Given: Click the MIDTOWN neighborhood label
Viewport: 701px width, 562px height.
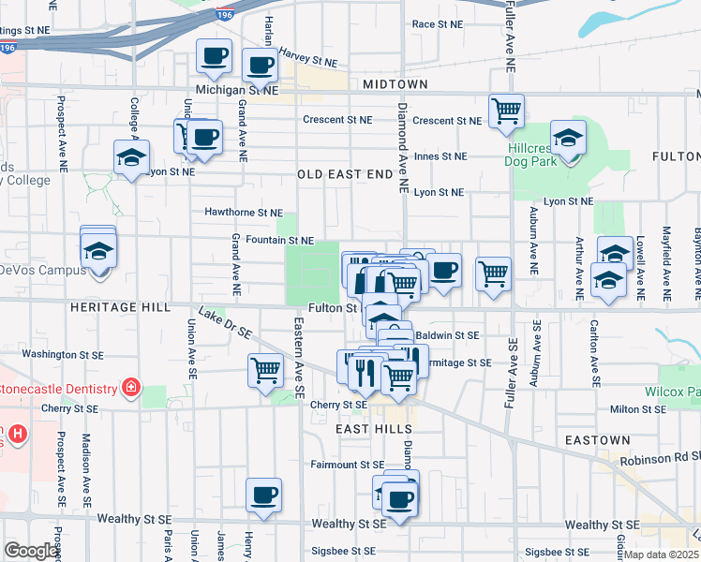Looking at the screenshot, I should pyautogui.click(x=395, y=84).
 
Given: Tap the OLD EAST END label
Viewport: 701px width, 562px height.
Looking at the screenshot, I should pyautogui.click(x=345, y=174).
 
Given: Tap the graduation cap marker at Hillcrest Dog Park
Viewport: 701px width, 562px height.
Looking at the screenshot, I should pyautogui.click(x=568, y=140).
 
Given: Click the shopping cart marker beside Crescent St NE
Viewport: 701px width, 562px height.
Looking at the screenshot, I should pyautogui.click(x=506, y=111).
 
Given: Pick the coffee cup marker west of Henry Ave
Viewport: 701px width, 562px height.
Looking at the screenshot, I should pyautogui.click(x=263, y=495).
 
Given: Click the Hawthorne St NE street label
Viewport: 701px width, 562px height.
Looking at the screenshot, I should pyautogui.click(x=244, y=213).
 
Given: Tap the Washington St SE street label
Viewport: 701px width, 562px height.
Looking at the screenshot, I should pyautogui.click(x=61, y=354).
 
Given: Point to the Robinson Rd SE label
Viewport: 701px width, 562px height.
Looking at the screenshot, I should pyautogui.click(x=656, y=461).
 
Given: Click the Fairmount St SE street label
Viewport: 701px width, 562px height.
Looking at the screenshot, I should pyautogui.click(x=348, y=465).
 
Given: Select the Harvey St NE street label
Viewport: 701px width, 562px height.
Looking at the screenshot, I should pyautogui.click(x=308, y=62).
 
